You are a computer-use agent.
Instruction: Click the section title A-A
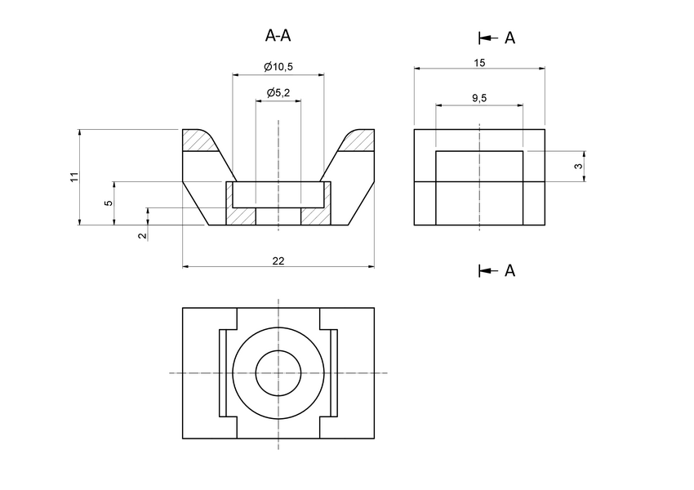[x=278, y=35]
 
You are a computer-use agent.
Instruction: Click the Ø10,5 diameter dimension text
[x=278, y=66]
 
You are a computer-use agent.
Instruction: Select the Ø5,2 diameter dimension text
[x=278, y=93]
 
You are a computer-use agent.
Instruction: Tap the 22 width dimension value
[x=278, y=260]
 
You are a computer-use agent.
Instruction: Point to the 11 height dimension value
[x=73, y=176]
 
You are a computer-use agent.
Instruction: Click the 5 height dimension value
[x=109, y=203]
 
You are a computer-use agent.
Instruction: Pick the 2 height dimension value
[x=142, y=235]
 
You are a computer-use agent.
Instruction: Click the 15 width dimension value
[x=479, y=62]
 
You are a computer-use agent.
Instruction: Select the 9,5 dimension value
[x=479, y=98]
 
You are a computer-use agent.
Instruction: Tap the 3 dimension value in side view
[x=578, y=166]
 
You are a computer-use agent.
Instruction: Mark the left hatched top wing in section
[x=199, y=141]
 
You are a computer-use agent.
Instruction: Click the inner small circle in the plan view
[x=278, y=373]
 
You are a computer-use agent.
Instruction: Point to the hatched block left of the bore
[x=242, y=216]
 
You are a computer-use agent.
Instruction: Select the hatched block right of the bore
[x=316, y=216]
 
